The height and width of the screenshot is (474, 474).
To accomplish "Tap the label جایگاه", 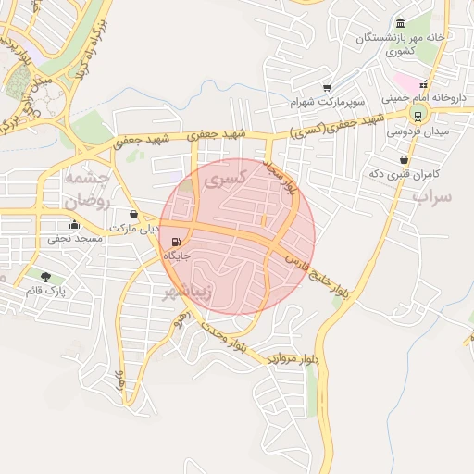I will click(x=177, y=255).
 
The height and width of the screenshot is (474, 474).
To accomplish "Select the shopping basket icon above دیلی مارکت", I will click(x=135, y=214).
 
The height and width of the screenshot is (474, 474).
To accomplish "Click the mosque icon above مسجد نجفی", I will click(x=75, y=225).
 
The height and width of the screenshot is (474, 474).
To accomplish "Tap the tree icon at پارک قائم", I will click(x=45, y=276).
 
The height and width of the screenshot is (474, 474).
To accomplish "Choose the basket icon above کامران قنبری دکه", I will click(x=405, y=160).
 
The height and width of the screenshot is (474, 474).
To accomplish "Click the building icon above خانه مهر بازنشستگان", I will click(x=399, y=23).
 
